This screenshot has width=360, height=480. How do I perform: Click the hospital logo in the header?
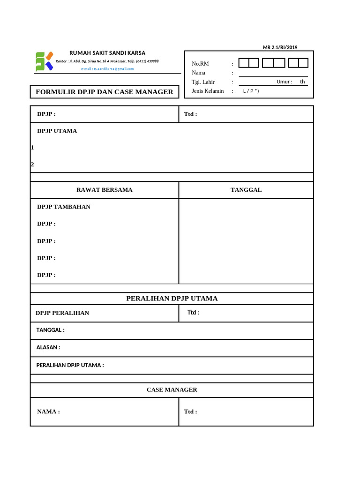(45, 61)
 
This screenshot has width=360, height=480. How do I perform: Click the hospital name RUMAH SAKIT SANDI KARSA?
(107, 53)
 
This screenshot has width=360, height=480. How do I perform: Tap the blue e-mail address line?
(107, 69)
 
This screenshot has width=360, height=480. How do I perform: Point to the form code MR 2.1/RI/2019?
(280, 47)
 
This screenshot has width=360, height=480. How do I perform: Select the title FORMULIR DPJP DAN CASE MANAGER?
(105, 92)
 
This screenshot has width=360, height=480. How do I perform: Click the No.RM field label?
(200, 64)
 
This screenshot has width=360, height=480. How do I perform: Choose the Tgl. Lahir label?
(203, 82)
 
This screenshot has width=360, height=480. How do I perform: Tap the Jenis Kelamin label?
(208, 91)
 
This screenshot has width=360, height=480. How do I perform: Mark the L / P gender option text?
(251, 91)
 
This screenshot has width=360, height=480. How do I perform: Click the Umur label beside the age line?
(284, 82)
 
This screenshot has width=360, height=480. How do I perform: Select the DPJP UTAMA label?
(57, 131)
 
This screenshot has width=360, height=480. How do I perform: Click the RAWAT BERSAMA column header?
(105, 190)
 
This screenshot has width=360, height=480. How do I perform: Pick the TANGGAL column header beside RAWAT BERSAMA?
(246, 190)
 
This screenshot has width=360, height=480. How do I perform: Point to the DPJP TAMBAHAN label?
(64, 207)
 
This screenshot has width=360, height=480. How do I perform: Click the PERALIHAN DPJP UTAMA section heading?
(172, 299)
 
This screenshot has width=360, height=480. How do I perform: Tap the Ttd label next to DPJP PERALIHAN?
(193, 313)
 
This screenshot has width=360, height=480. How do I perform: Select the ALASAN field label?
(48, 348)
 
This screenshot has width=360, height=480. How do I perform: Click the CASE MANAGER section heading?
(172, 390)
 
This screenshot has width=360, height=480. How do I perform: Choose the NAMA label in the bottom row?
(48, 412)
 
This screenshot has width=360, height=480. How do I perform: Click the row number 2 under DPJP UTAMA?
(32, 165)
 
